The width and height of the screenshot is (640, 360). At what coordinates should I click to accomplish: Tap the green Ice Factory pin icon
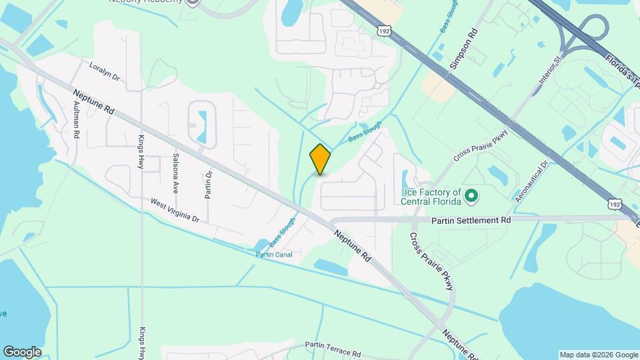(x=471, y=196)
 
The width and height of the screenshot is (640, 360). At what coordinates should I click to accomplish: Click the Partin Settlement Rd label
(x=471, y=219)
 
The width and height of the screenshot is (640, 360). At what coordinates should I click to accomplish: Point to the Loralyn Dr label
(x=104, y=72)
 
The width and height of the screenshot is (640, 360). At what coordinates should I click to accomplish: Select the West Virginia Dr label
(x=175, y=209)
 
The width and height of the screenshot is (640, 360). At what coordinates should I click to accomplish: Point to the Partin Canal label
(x=274, y=254)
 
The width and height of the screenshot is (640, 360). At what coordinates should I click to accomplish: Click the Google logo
(x=22, y=352)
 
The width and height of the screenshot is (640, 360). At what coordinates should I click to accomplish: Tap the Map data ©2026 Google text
(x=597, y=355)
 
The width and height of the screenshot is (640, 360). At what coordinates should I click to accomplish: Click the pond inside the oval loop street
(x=202, y=123)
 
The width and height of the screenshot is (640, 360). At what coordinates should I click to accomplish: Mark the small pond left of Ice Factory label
(x=405, y=179)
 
